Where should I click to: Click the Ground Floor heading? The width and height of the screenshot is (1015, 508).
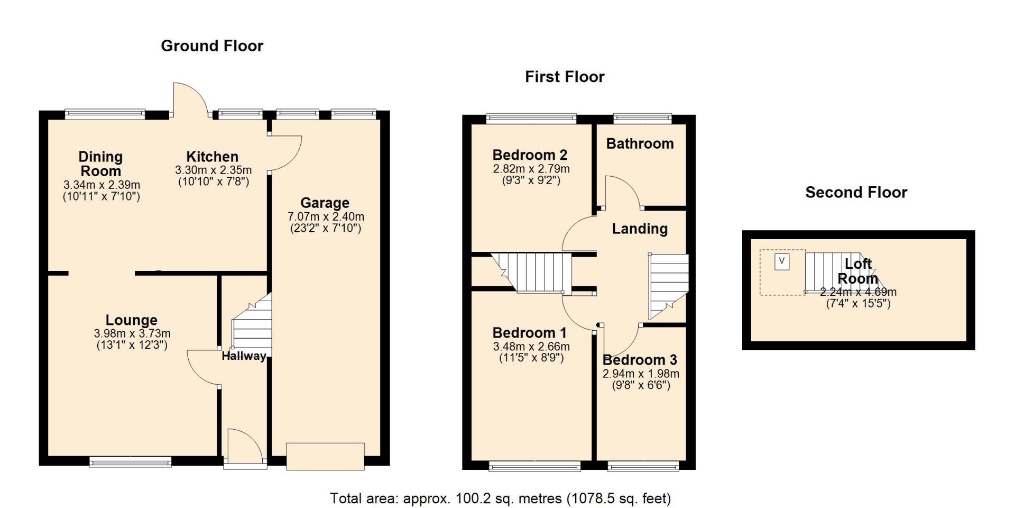click(x=212, y=46)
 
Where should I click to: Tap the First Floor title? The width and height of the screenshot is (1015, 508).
click(x=565, y=77)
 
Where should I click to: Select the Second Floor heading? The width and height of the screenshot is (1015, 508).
click(x=856, y=192)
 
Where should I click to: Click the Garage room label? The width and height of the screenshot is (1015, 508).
click(x=325, y=203)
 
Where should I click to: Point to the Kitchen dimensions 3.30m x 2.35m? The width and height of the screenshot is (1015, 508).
click(x=214, y=170)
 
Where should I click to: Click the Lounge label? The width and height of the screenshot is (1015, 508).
click(x=132, y=320)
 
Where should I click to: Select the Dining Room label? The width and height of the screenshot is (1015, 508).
click(x=100, y=164)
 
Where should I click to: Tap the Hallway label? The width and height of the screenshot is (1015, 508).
click(x=244, y=356)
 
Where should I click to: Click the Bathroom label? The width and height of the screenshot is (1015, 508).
click(x=640, y=144)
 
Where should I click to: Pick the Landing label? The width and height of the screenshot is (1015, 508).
click(x=640, y=229)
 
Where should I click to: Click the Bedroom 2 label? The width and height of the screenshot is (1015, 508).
click(x=530, y=155)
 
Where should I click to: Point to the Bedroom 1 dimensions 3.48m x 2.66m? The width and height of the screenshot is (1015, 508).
click(x=531, y=347)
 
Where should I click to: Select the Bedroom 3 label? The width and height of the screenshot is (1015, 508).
click(x=640, y=360)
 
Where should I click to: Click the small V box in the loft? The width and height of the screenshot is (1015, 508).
click(x=782, y=261)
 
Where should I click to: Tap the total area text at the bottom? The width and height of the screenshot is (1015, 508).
click(x=500, y=498)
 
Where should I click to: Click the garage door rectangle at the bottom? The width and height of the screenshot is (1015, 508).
click(x=325, y=456)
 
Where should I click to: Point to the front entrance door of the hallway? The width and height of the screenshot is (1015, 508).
click(x=245, y=449)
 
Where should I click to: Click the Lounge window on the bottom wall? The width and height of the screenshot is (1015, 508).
click(x=131, y=461)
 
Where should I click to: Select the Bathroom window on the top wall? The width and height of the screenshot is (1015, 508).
click(x=642, y=119)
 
